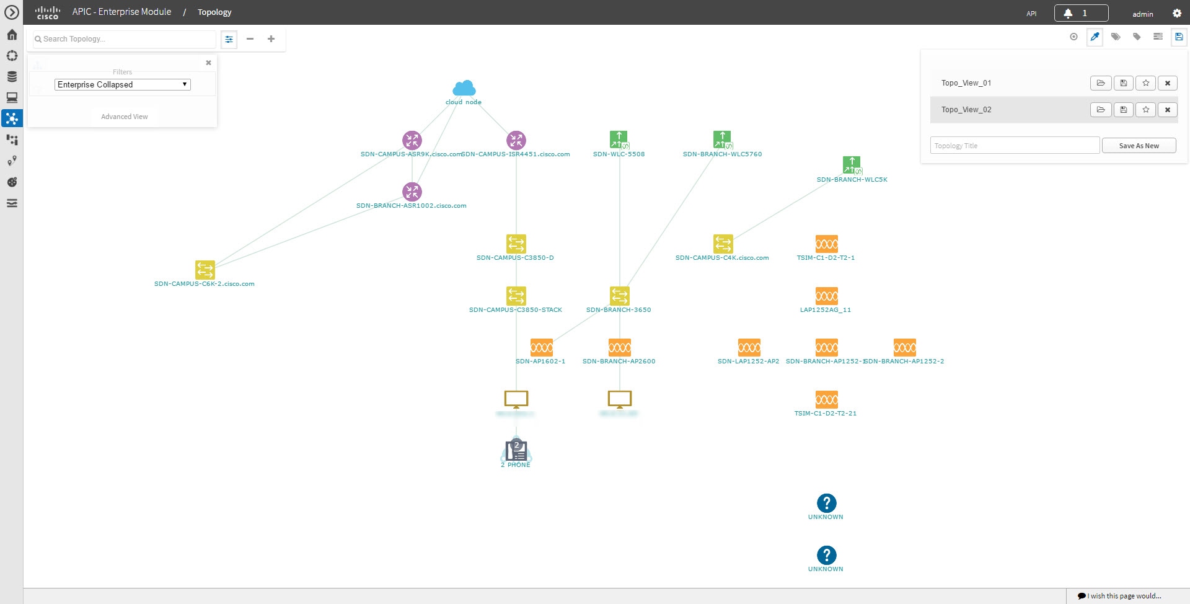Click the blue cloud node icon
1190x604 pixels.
(x=464, y=88)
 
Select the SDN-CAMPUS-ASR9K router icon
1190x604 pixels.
(x=412, y=140)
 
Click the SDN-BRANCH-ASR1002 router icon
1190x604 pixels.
(x=412, y=192)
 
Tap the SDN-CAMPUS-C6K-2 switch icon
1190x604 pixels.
(x=205, y=270)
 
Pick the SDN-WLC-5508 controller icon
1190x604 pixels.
(x=619, y=140)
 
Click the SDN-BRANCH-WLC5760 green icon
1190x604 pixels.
(x=722, y=140)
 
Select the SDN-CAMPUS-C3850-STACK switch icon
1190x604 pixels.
(x=516, y=296)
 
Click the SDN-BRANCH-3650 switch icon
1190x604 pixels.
(x=620, y=296)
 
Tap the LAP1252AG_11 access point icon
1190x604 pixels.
(x=827, y=296)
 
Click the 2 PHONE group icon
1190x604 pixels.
(x=516, y=450)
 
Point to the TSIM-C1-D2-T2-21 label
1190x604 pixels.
(x=826, y=413)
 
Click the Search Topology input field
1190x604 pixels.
(x=124, y=39)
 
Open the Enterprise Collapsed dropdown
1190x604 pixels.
(x=123, y=84)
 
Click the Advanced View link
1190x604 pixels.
(x=124, y=117)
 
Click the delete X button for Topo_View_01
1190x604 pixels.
(x=1168, y=83)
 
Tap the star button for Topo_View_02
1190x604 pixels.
(x=1146, y=110)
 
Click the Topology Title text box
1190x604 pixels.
(x=1015, y=146)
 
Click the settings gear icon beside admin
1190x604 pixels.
(x=1177, y=13)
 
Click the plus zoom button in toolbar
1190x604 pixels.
(x=271, y=39)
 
